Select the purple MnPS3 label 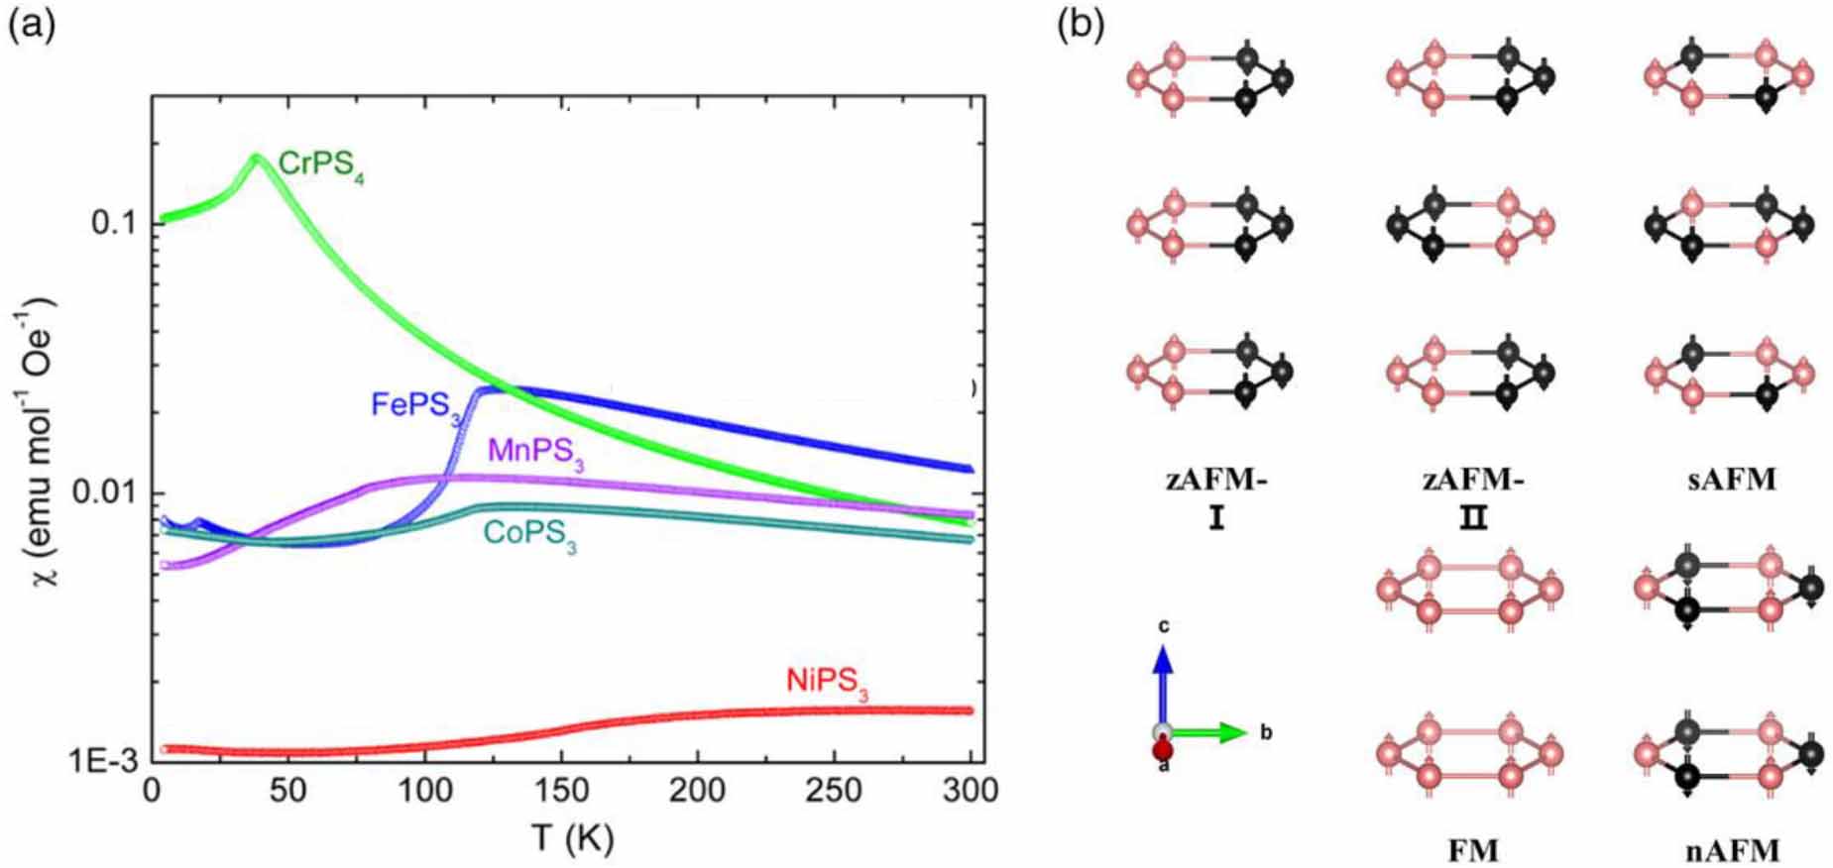(x=535, y=454)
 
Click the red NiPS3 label (x=827, y=683)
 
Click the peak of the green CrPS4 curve (x=256, y=157)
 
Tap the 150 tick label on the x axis (x=561, y=792)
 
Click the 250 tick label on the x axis (x=835, y=792)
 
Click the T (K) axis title (x=572, y=839)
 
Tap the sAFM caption (x=1731, y=480)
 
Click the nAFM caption (x=1731, y=849)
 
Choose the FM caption (x=1472, y=849)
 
